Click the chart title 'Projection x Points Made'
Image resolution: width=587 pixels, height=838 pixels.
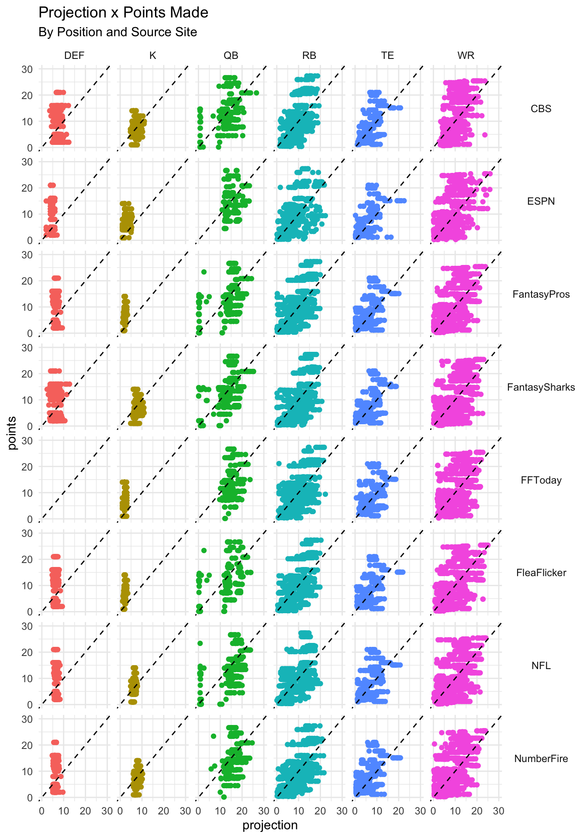[123, 13]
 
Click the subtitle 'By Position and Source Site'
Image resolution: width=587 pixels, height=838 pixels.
[117, 32]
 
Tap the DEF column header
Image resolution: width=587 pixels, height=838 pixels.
[74, 55]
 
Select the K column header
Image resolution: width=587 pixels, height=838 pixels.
[152, 55]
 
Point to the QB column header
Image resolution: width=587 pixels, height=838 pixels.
[231, 55]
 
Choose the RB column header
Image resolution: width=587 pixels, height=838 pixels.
[309, 55]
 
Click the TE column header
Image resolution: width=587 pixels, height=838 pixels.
[387, 55]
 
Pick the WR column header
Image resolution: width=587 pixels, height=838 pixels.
[466, 55]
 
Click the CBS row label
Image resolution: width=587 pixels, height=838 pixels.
[541, 109]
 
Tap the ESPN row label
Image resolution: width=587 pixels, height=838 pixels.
[541, 201]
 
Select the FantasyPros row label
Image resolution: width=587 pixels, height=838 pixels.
[541, 294]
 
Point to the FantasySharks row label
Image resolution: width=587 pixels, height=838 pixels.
[541, 387]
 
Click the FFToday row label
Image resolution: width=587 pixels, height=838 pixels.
[541, 480]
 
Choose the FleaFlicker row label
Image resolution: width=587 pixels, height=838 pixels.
[541, 573]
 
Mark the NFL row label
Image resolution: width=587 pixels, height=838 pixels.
[541, 666]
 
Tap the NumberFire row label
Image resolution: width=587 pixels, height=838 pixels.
[541, 759]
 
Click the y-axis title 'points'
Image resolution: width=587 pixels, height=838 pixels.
[12, 433]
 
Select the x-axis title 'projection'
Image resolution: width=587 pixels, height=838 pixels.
[270, 825]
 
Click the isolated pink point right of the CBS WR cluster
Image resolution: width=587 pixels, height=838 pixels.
[484, 135]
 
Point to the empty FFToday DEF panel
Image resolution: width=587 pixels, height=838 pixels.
[74, 480]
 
